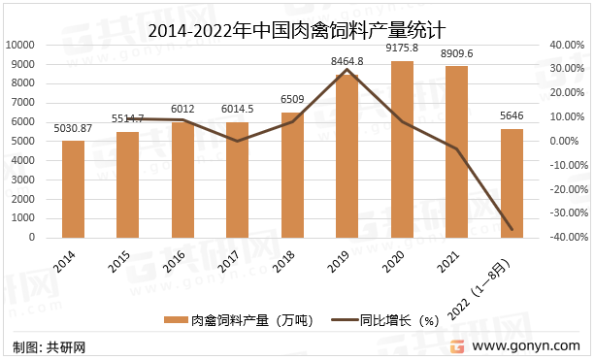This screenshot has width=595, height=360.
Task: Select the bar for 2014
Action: [73, 189]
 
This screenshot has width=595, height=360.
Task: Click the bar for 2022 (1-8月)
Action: [512, 183]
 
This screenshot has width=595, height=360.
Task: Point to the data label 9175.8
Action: [402, 48]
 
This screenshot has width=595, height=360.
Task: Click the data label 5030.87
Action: [73, 127]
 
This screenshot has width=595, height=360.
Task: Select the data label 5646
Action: [512, 115]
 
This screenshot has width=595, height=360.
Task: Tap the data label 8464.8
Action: [347, 61]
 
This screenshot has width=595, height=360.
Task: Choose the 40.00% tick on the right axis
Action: [564, 45]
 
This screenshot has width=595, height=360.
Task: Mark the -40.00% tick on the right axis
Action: [562, 238]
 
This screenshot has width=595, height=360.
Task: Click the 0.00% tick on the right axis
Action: [567, 141]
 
